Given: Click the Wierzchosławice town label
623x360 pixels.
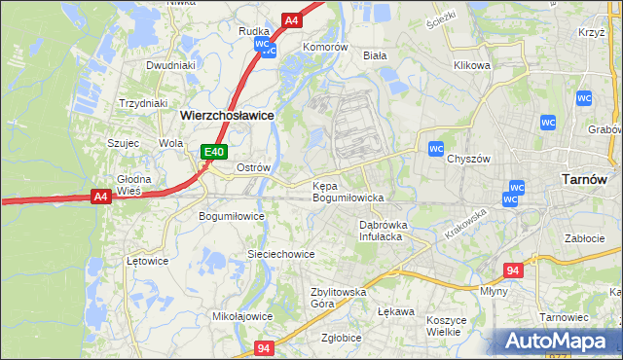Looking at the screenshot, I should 227,114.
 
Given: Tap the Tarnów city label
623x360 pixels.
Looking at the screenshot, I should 585,179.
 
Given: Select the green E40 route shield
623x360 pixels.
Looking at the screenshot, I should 214,152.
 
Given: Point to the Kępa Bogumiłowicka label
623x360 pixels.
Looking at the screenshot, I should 348,191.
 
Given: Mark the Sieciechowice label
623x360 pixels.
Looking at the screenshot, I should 280,254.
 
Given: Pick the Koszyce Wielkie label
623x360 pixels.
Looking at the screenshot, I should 449,325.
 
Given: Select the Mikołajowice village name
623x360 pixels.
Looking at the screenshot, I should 242,316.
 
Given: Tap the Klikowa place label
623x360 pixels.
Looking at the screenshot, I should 471,66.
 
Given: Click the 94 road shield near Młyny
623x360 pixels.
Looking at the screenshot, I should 514,270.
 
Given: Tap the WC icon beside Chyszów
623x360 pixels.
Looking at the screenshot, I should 436,148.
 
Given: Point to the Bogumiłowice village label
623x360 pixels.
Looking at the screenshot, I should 232,216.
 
